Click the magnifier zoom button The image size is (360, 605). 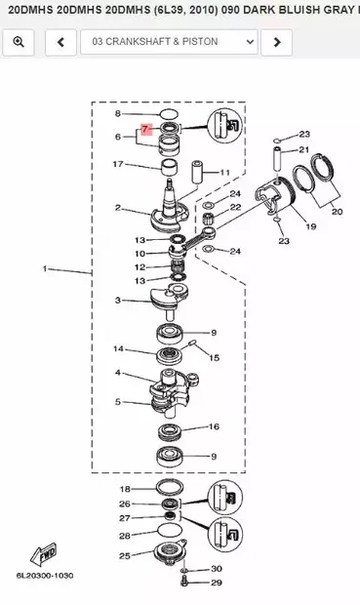pos(19,42)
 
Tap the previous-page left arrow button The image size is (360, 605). pos(60,42)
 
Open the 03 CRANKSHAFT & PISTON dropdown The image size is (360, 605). pos(169,42)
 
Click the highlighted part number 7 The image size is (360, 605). pos(145,129)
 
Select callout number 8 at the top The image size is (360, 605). pos(118,113)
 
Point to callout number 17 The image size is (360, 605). pos(118,164)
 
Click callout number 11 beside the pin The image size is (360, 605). pos(224,173)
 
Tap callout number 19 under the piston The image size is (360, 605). pos(311,226)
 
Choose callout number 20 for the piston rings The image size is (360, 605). pos(337,212)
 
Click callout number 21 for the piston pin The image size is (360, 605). pos(304,149)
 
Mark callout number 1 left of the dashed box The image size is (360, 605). pos(45,268)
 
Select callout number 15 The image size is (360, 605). pos(215,358)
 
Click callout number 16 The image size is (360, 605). pos(215,426)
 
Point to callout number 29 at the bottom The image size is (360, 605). pos(217,583)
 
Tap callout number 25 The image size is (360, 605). pos(125,556)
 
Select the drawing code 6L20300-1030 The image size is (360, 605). pos(45,576)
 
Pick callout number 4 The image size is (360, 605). pos(118,373)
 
